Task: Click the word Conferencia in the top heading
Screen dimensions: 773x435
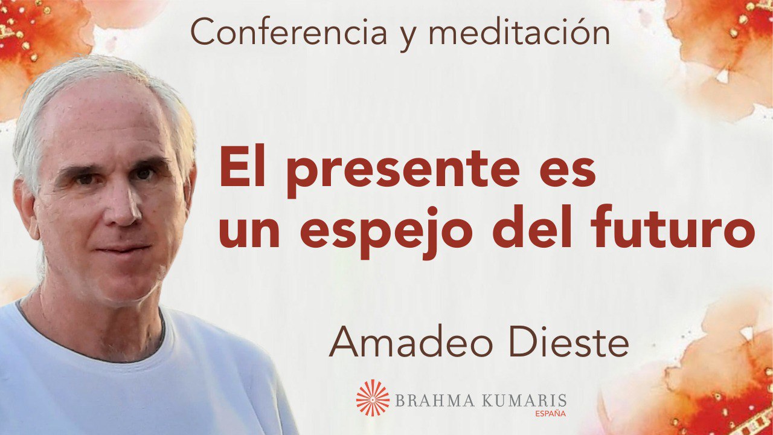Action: click(289, 33)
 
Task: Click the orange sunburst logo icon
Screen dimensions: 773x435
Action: click(373, 398)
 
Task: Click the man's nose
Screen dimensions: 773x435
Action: click(127, 207)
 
